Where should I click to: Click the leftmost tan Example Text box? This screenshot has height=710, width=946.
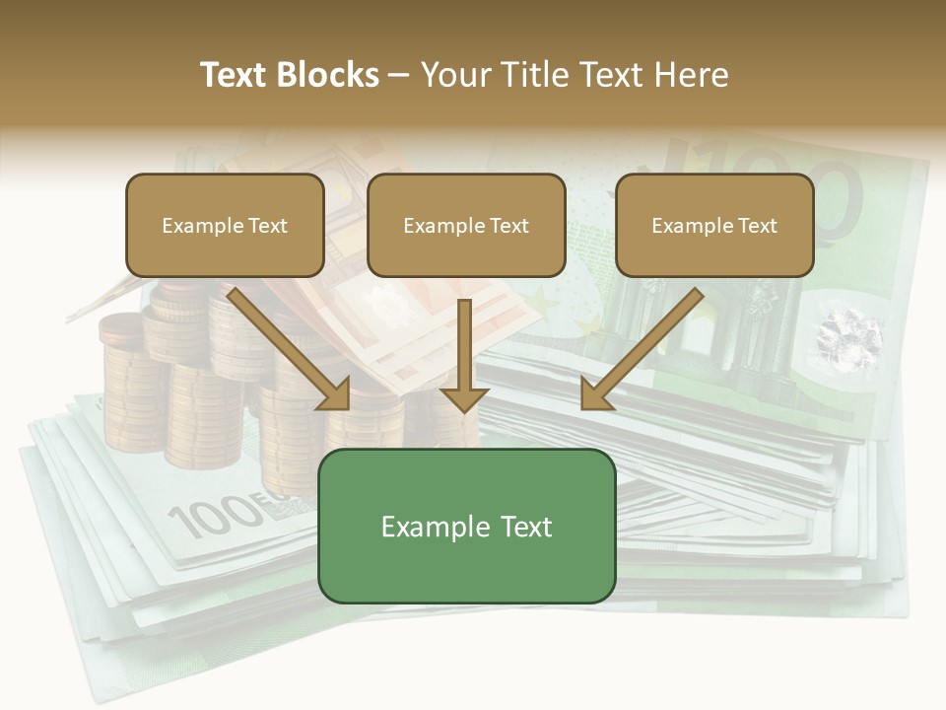point(225,225)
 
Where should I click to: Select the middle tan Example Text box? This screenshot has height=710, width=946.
point(466,225)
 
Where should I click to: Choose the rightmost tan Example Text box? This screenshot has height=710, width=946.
point(714,225)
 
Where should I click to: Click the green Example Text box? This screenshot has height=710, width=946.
point(466,526)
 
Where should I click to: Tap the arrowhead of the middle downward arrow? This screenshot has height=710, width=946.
point(464,398)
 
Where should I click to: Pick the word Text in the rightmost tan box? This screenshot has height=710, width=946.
point(758,225)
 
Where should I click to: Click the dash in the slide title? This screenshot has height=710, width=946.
point(399,75)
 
